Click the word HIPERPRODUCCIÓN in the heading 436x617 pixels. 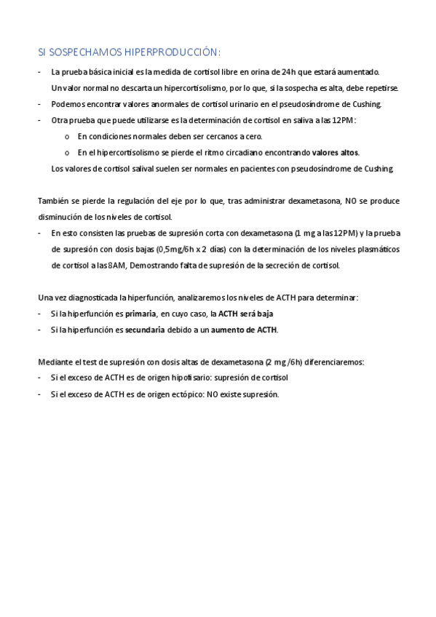(x=171, y=52)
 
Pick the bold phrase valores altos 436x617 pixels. (x=335, y=152)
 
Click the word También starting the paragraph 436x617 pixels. (x=54, y=201)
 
